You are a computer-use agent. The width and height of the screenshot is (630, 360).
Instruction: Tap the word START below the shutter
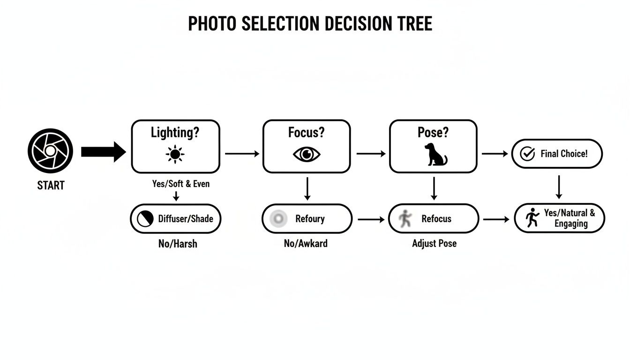tap(51, 186)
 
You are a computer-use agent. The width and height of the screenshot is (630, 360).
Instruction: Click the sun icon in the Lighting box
tap(175, 154)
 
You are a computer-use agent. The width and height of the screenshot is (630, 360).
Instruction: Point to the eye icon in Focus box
tap(307, 154)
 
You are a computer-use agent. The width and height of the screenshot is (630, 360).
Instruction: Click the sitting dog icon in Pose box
tap(435, 155)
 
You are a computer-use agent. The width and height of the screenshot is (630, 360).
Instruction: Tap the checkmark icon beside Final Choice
tap(528, 154)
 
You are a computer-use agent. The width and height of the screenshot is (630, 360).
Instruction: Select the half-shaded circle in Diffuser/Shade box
tap(145, 218)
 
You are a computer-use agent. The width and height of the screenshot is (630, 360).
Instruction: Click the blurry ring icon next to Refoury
tap(279, 218)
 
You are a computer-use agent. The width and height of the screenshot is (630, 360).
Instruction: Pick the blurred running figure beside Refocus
tap(405, 218)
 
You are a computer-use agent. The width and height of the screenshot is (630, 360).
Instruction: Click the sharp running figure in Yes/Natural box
tap(532, 218)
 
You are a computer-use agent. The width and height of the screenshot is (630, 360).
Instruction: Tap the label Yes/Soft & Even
tap(181, 184)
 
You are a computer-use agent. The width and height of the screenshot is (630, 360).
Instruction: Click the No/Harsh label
tap(178, 244)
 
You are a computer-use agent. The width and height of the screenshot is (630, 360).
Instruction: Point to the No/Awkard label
tap(306, 244)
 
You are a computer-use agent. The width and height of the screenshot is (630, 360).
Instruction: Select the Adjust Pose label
tap(434, 244)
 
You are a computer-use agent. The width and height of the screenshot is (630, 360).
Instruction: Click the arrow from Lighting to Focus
tap(241, 154)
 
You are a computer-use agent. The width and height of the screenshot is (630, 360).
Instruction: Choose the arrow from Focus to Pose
tap(370, 154)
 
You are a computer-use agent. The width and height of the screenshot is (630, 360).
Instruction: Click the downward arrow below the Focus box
tap(307, 188)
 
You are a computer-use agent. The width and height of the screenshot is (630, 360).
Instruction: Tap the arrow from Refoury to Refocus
tap(370, 219)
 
